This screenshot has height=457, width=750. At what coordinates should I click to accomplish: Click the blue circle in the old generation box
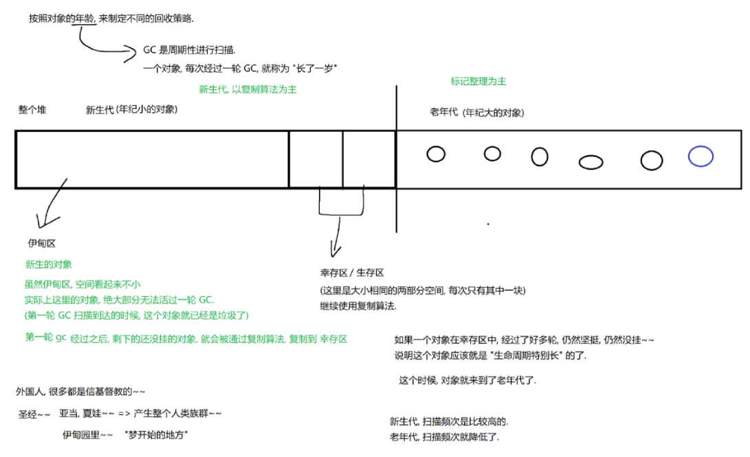[701, 157]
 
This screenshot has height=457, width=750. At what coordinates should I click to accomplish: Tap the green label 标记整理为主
[478, 81]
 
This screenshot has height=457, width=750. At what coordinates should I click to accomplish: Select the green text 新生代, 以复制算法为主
[247, 89]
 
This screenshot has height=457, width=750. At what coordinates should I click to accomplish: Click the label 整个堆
[32, 109]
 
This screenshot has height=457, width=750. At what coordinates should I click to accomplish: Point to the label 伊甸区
[41, 243]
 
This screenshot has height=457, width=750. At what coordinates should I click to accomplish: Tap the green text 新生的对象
[48, 264]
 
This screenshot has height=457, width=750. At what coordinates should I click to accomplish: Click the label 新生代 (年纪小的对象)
[131, 109]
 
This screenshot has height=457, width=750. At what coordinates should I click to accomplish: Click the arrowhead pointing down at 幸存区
[335, 251]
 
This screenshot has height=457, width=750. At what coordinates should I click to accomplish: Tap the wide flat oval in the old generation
[591, 162]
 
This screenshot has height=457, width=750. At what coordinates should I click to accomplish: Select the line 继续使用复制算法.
[357, 305]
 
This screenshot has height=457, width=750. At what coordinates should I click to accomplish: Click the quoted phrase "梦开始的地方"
[157, 435]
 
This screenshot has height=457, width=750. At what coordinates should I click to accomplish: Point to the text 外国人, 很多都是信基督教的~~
[80, 391]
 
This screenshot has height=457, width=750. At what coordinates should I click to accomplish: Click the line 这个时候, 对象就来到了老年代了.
[467, 380]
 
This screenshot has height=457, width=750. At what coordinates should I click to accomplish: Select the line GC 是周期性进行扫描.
[189, 50]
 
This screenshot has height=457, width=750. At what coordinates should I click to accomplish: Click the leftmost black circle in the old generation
[436, 154]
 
